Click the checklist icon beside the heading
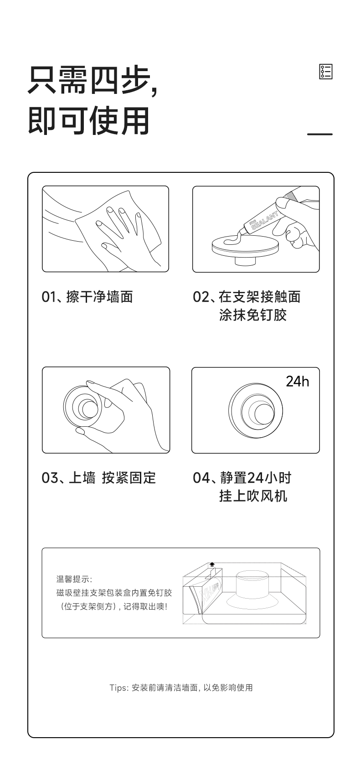(x=326, y=72)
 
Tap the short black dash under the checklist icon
(x=319, y=134)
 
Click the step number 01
(x=48, y=297)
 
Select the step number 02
(x=201, y=297)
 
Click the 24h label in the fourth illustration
(x=297, y=381)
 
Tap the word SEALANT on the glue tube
(x=265, y=221)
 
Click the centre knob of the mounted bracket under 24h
(x=264, y=414)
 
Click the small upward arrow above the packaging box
(x=212, y=564)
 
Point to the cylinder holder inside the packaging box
(x=252, y=584)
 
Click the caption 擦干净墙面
(x=99, y=297)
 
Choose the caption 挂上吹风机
(x=253, y=496)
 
